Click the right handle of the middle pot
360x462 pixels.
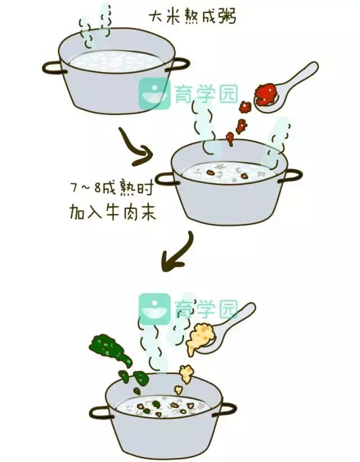pyautogui.click(x=292, y=175)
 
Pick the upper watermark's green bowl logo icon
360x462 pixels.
pyautogui.click(x=154, y=93)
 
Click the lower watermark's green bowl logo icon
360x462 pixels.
pyautogui.click(x=154, y=309)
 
